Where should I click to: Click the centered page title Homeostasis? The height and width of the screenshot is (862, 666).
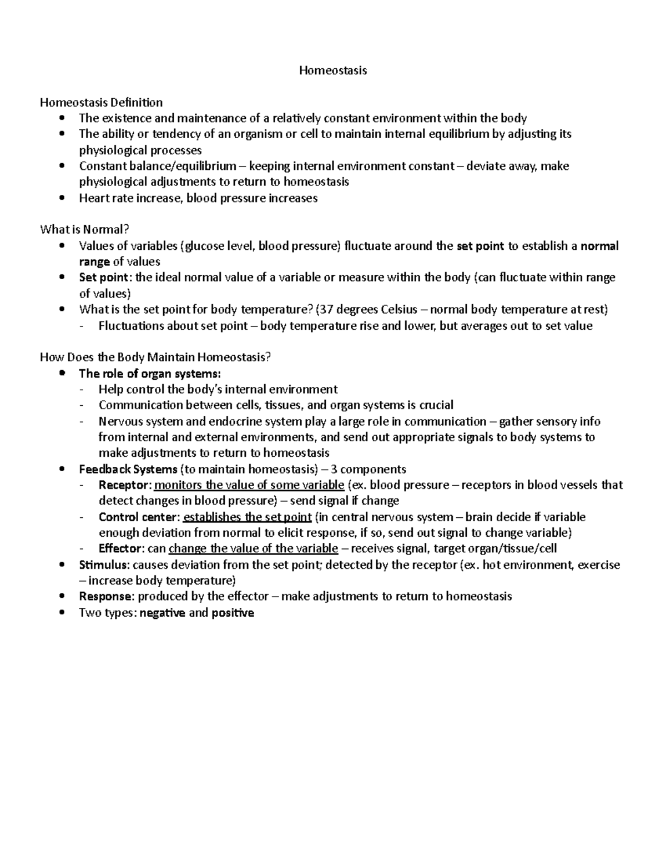point(333,70)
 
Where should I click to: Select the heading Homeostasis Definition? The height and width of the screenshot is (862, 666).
point(101,102)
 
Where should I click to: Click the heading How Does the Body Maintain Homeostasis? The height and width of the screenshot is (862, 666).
point(155,357)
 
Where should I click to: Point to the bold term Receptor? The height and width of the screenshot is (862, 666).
point(125,485)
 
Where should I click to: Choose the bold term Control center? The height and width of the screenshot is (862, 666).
point(139,517)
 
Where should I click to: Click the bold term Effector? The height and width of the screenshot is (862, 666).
point(122,549)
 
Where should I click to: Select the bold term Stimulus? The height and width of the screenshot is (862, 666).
point(104,565)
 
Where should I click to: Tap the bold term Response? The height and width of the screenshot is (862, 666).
point(107,597)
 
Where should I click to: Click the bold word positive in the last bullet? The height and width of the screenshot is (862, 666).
point(233,613)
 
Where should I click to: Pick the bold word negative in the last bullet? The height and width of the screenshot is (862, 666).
point(163,613)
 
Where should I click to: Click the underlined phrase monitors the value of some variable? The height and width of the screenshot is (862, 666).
point(249,485)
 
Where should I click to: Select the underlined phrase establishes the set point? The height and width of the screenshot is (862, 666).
point(247,517)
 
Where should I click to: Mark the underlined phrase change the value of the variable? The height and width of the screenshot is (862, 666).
point(253,549)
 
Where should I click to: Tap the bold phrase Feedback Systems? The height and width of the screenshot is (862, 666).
point(128,470)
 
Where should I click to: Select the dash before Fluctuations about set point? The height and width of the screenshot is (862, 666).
point(83,326)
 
